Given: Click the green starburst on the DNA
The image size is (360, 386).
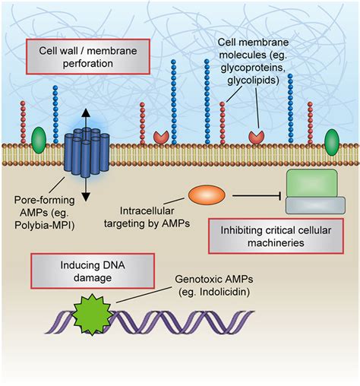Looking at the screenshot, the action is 93,315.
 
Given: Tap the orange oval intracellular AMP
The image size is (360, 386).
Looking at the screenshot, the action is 207,195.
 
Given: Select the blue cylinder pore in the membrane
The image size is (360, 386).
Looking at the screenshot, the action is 87,153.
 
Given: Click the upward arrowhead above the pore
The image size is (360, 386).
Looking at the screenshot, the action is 86,112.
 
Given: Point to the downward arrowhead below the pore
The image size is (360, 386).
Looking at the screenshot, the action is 86,197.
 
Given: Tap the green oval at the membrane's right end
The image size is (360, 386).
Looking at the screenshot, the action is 332,142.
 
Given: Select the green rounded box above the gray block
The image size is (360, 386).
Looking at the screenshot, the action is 312,183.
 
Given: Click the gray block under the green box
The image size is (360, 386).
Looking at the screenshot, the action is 315,205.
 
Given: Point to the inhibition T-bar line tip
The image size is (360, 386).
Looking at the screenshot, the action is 280,195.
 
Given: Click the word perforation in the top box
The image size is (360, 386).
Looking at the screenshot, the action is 88,63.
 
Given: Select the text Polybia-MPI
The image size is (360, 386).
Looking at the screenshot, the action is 44,225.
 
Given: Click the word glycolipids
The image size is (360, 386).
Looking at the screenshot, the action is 253,81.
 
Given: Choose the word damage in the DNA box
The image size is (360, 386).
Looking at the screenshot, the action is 93,278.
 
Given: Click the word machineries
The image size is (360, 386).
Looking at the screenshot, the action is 276,242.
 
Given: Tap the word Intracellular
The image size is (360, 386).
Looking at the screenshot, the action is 147,210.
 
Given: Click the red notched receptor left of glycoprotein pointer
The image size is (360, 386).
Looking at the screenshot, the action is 161,138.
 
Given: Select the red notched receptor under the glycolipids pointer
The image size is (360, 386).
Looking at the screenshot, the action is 257,138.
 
